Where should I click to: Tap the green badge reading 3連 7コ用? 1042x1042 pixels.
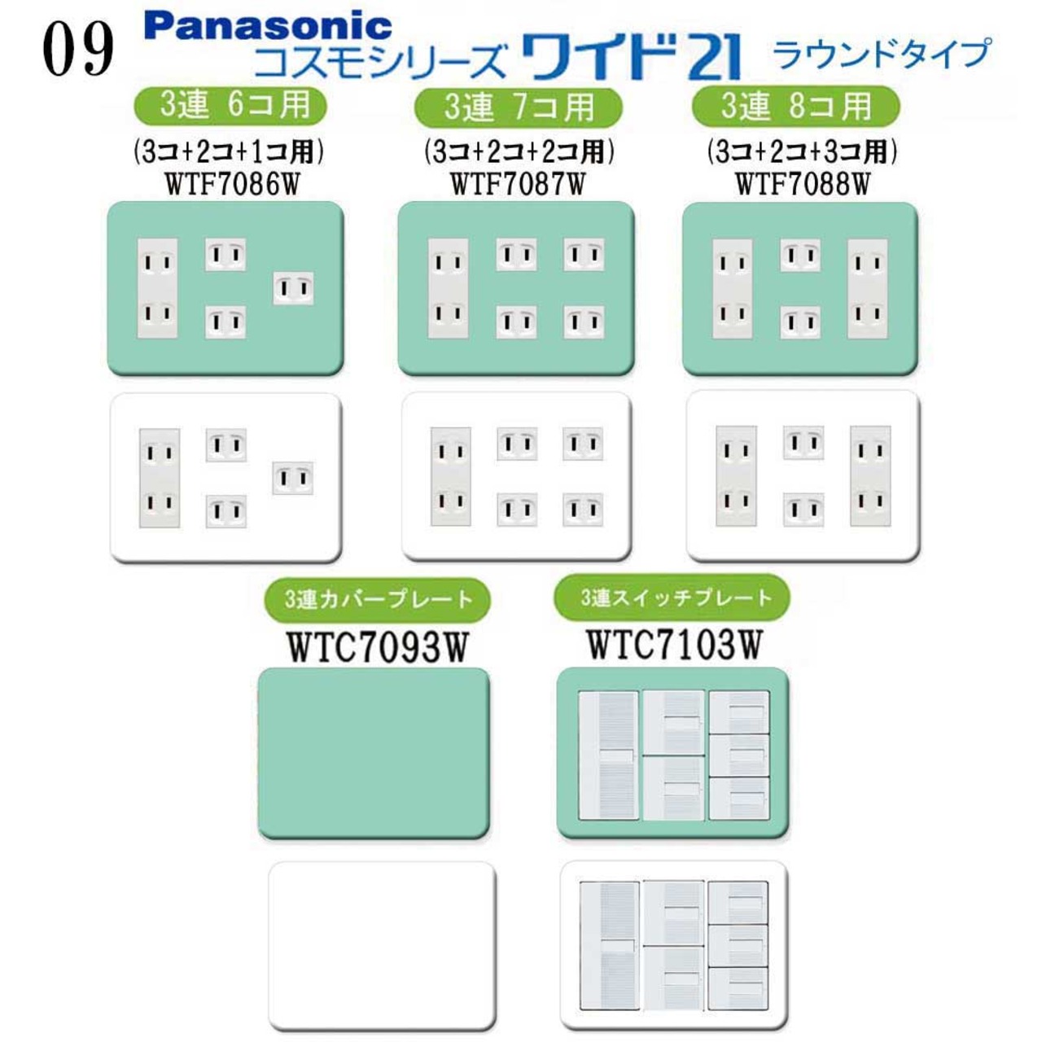click(518, 107)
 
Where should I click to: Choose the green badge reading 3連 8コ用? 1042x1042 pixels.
click(796, 106)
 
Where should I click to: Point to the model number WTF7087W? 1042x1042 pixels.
click(518, 185)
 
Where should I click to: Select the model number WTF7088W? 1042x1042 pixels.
click(803, 185)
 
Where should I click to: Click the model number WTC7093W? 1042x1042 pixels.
click(377, 647)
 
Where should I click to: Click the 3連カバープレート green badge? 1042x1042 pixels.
click(377, 600)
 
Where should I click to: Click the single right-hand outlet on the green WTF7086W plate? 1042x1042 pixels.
click(293, 289)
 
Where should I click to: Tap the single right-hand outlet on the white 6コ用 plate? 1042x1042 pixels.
click(292, 478)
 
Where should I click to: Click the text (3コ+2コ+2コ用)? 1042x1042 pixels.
click(519, 152)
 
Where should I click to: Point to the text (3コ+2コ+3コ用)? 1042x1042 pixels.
click(803, 152)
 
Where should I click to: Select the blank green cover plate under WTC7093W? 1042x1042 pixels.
click(374, 753)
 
